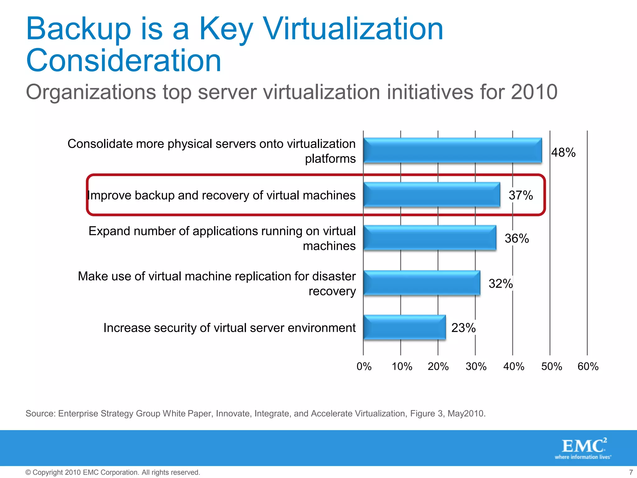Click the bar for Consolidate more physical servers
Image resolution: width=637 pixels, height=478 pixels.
point(453,151)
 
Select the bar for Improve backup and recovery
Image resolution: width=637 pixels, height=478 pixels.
point(432,195)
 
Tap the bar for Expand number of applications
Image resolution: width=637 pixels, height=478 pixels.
point(430,238)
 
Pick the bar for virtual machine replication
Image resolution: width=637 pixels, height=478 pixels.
point(422,283)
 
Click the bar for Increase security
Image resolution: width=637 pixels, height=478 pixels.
point(404,327)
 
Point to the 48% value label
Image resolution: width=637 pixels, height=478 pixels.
point(563,152)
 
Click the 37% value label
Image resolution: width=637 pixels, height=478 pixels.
point(521,195)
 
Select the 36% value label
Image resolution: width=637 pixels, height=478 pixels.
point(517,239)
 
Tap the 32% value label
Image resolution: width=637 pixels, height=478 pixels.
point(500,284)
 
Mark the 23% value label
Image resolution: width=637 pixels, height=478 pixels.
point(463,328)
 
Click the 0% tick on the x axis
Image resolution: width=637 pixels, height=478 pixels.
point(364,367)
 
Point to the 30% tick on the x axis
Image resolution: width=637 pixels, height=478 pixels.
point(476,367)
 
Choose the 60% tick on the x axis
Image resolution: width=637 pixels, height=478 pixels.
point(588,367)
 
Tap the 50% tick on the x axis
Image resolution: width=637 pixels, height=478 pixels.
point(551,367)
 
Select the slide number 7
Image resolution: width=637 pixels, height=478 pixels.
point(631,472)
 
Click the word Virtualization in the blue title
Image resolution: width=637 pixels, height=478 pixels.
point(353,29)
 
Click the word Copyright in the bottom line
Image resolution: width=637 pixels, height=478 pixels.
point(48,472)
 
